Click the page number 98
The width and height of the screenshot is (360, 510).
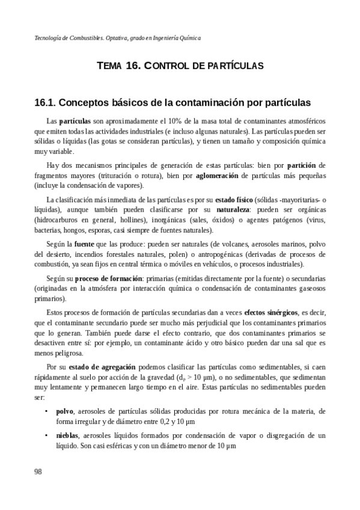click(x=38, y=472)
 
